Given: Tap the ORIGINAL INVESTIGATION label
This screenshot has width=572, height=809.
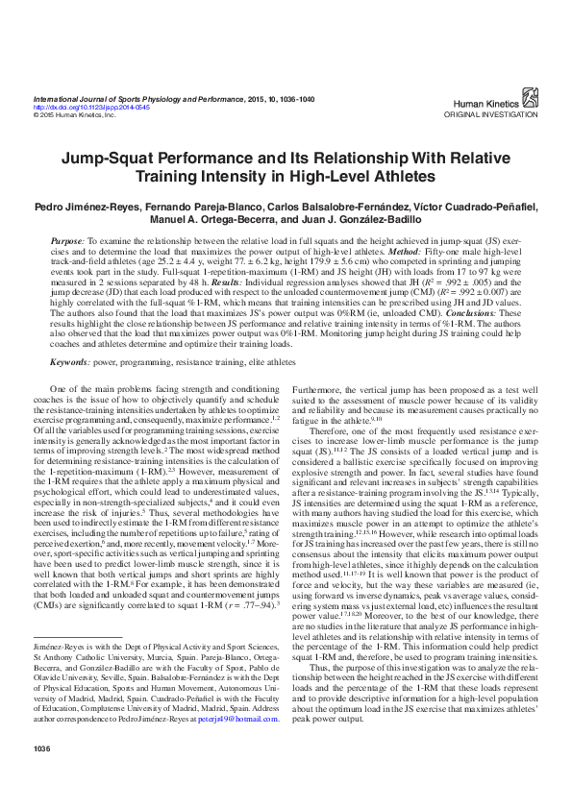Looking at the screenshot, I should pyautogui.click(x=491, y=114).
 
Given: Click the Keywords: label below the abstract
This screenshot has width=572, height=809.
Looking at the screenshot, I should pyautogui.click(x=70, y=362).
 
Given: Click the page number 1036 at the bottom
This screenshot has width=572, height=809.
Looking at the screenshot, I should pyautogui.click(x=41, y=774).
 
